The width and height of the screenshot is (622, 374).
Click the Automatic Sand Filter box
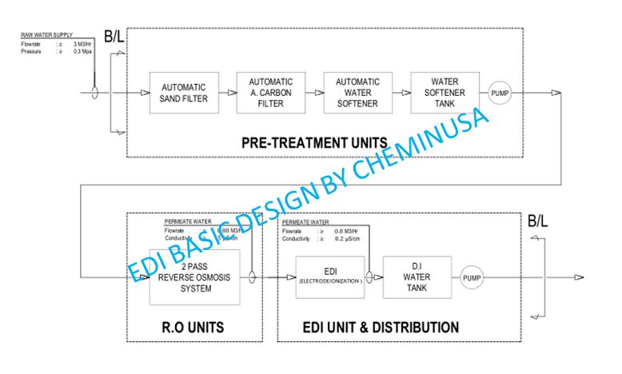(184, 93)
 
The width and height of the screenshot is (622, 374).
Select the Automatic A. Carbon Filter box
(271, 93)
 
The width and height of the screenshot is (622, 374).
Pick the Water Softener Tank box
(444, 93)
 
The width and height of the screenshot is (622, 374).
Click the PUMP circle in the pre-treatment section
(499, 93)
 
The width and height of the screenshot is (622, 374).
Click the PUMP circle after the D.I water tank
(472, 278)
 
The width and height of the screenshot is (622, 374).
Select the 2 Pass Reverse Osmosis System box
(194, 277)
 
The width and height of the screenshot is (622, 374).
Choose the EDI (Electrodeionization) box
(329, 277)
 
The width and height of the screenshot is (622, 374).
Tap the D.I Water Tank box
(417, 277)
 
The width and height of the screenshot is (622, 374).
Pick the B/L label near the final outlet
(537, 221)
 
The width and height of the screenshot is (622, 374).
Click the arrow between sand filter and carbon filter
(228, 93)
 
